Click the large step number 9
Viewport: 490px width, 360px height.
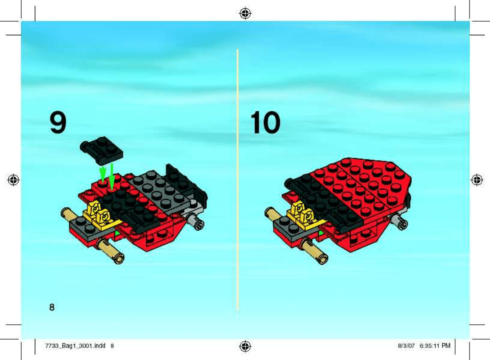[x=58, y=123]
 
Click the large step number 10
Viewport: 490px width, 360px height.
[x=265, y=122]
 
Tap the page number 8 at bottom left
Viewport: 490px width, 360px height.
[x=52, y=307]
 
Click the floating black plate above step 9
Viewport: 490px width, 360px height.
[x=101, y=151]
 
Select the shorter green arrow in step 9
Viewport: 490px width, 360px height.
[x=103, y=174]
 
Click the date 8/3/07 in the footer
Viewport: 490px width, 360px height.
[x=406, y=346]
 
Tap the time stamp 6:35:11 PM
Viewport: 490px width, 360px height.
[x=435, y=346]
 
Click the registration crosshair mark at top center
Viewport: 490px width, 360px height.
[x=245, y=14]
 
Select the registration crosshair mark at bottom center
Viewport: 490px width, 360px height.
[x=245, y=346]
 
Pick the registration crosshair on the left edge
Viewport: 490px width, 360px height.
[x=13, y=180]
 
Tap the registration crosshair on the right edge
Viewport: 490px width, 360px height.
[x=477, y=180]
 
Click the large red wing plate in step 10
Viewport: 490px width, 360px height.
[x=361, y=186]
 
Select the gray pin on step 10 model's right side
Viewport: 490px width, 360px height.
[x=399, y=221]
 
